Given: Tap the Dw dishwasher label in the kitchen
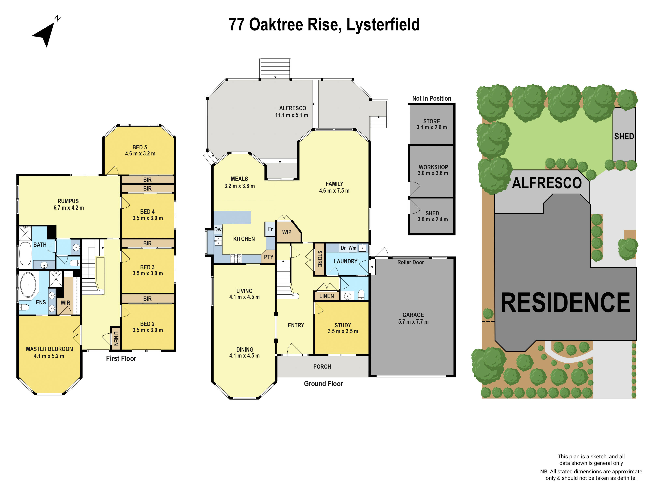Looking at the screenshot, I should point(218,229).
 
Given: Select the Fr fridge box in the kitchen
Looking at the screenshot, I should point(270,229).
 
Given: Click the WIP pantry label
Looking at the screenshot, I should point(287,232).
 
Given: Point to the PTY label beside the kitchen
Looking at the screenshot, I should point(269,257).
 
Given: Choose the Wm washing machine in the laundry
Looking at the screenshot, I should point(352,248).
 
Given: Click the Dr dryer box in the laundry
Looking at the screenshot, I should point(343,248).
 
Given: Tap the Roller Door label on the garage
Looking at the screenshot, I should point(410,262).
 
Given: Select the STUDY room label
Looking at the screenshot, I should point(343,325).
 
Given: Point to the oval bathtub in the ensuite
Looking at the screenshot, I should point(28,285).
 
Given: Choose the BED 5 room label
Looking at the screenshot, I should point(140,147).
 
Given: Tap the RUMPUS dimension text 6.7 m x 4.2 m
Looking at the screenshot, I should point(69,208).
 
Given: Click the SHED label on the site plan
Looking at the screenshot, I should point(624,137).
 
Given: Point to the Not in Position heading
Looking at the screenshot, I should point(432,99).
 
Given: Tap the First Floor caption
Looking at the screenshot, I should point(121,359).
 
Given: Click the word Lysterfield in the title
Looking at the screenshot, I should point(383,25).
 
